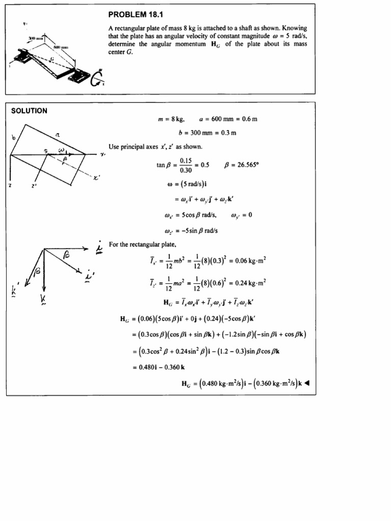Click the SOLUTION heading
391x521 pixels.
pos(29,111)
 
